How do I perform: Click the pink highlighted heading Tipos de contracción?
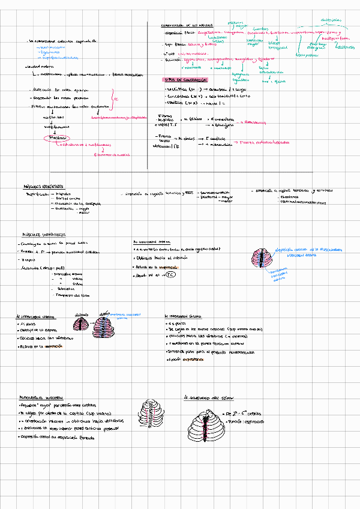pos(185,79)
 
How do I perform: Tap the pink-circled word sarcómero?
pos(58,138)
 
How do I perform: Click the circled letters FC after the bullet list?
pos(169,274)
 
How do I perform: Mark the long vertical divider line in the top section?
pos(148,96)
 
